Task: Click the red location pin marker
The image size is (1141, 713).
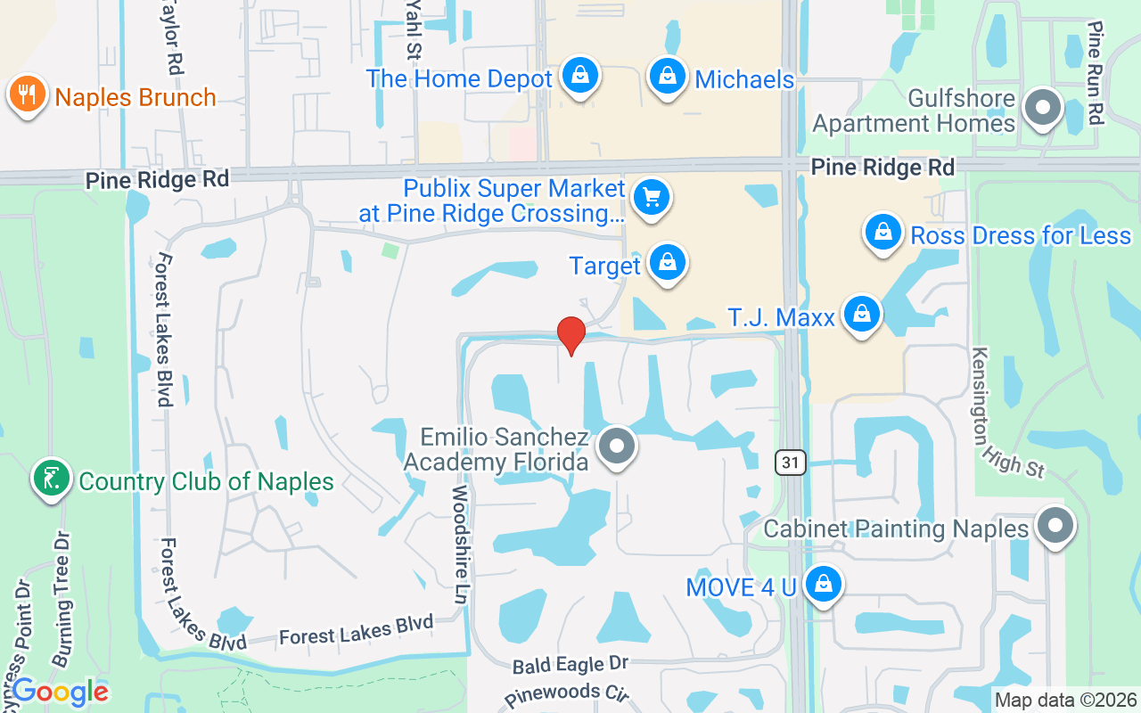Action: pos(570,335)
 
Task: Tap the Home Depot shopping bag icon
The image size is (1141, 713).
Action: pos(580,78)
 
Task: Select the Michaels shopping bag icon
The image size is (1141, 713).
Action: pos(667,78)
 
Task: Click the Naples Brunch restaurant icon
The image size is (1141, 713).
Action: pos(28,95)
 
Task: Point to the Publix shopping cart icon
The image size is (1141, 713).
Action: pos(652,197)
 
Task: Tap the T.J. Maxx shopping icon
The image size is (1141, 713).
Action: pos(862,315)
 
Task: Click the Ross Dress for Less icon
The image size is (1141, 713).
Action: pos(882,234)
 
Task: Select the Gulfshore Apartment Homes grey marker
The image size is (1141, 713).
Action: pos(1041,109)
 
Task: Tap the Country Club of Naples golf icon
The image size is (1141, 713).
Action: pos(52,479)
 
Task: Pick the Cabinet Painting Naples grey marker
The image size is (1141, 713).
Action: pos(1055,527)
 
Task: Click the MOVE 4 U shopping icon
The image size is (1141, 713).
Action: pos(823,586)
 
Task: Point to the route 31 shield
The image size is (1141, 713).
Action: pos(789,462)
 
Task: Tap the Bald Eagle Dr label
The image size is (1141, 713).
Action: pos(570,664)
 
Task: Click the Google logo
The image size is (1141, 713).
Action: pos(61,692)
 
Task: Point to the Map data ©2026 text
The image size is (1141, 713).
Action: pos(1065,701)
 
